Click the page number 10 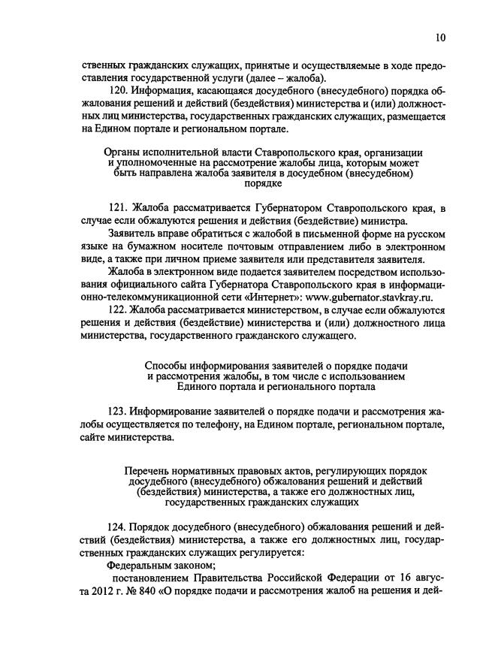[x=440, y=38]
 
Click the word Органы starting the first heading [x=121, y=153]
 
